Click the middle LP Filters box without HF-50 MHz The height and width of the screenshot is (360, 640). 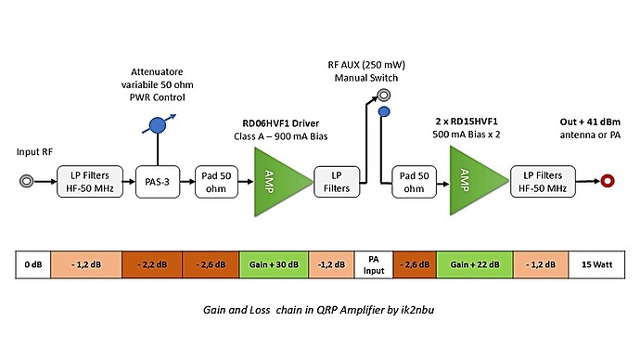coord(336,181)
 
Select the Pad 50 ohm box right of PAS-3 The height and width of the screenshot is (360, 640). coord(214,181)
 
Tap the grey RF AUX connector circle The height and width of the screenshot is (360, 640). coord(382,95)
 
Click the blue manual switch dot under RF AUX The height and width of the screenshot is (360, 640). coord(382,112)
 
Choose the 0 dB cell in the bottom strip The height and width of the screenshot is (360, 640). coord(34,264)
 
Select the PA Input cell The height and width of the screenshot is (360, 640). coord(375,264)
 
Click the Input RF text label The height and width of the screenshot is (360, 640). coord(36,150)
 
